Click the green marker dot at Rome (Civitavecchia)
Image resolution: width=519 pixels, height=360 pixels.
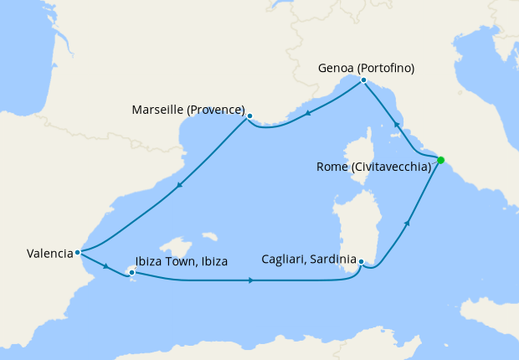point(440,160)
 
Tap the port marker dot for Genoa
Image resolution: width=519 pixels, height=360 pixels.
point(363,80)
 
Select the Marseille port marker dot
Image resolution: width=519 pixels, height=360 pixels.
point(249,116)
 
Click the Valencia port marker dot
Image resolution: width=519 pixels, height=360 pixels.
point(77,252)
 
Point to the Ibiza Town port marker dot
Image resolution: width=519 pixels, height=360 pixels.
point(131,272)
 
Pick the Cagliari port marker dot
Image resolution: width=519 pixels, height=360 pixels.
point(361,262)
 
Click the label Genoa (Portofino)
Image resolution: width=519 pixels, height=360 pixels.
point(365,67)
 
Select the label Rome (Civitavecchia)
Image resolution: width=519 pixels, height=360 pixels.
point(373,167)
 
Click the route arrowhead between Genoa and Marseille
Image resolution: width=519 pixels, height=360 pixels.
point(308,113)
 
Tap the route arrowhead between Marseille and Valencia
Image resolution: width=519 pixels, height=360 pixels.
point(178,188)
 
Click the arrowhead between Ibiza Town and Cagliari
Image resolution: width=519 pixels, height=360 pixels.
point(251,280)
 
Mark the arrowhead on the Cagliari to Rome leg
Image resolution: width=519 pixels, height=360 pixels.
point(408,223)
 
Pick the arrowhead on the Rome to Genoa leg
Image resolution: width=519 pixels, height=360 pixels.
point(396,123)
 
